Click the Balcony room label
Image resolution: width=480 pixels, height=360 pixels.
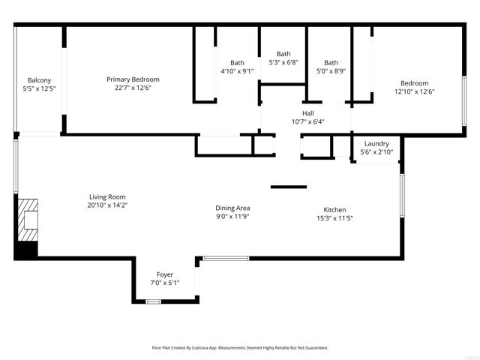(x=39, y=80)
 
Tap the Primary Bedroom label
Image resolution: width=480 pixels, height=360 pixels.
(x=133, y=79)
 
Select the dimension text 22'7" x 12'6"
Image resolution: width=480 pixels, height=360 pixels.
(x=133, y=88)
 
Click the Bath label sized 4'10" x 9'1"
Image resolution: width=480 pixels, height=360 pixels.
(x=237, y=63)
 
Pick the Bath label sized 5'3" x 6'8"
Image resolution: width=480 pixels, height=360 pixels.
(x=283, y=54)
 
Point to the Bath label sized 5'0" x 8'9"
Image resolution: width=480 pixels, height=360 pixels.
(x=331, y=63)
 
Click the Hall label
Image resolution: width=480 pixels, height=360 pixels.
(x=308, y=113)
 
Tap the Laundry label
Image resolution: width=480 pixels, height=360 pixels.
(x=376, y=143)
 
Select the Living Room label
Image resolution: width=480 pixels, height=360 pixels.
(x=107, y=196)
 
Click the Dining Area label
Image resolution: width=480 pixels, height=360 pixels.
(x=232, y=208)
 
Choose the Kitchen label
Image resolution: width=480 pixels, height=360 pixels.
(x=335, y=210)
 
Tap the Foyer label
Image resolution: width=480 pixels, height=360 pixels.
(x=165, y=274)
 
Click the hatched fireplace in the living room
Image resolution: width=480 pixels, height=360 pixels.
(x=28, y=220)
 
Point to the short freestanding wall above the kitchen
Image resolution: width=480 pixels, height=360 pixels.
(x=289, y=187)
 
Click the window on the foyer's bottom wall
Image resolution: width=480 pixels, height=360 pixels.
(x=153, y=301)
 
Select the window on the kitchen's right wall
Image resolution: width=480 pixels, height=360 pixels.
(x=402, y=196)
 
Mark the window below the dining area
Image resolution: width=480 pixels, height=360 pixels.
(x=226, y=258)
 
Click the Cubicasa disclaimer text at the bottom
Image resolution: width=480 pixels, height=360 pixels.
(x=240, y=348)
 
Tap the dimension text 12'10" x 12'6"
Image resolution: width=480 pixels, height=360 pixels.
(x=415, y=91)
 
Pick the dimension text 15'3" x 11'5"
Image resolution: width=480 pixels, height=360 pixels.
(x=335, y=218)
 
